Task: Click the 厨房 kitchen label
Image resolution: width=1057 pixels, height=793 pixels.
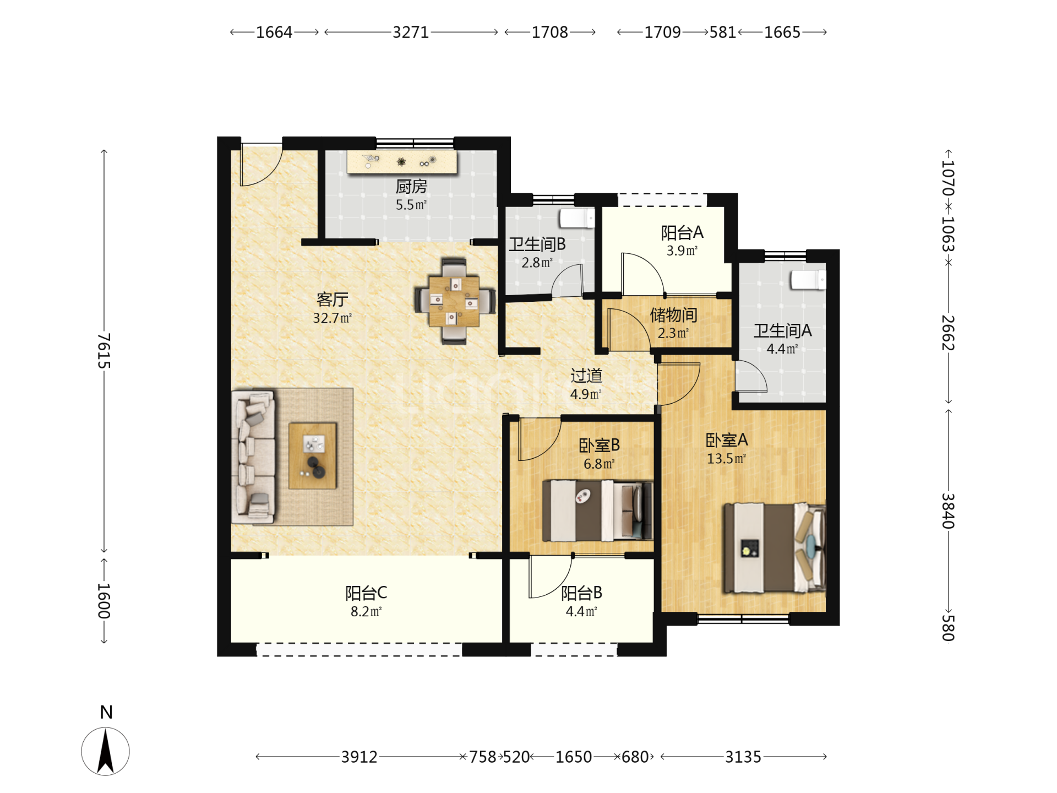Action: [x=411, y=187]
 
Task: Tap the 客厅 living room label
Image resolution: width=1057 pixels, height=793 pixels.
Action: [x=332, y=300]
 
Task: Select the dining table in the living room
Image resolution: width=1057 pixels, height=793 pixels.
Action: [x=455, y=301]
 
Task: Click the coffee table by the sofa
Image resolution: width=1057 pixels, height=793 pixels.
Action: [x=313, y=456]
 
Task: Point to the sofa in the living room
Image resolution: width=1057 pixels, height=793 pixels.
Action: [x=253, y=457]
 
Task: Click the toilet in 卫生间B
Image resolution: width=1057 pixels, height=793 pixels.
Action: [x=577, y=218]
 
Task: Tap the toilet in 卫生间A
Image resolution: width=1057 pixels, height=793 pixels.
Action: [x=808, y=280]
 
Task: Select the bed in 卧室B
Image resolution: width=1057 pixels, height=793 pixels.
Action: [x=597, y=511]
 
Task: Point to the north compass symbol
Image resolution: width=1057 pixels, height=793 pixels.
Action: [x=106, y=751]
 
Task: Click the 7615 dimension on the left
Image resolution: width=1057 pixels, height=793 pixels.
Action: [x=104, y=351]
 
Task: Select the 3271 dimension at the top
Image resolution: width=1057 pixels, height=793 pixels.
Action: [x=411, y=32]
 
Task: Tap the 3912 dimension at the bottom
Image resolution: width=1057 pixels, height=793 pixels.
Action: [x=359, y=757]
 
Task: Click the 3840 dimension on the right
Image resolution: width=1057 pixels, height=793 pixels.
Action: [x=948, y=510]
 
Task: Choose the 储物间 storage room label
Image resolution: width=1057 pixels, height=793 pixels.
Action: [x=673, y=315]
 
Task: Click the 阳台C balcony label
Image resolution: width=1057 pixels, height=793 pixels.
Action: [x=366, y=593]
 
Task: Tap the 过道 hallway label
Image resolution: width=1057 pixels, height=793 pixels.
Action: [x=586, y=376]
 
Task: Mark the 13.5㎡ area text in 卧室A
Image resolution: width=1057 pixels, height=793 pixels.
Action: [x=726, y=459]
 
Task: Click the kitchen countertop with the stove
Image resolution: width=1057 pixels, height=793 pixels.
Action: [x=402, y=162]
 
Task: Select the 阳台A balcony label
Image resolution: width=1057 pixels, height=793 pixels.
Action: [x=682, y=233]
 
